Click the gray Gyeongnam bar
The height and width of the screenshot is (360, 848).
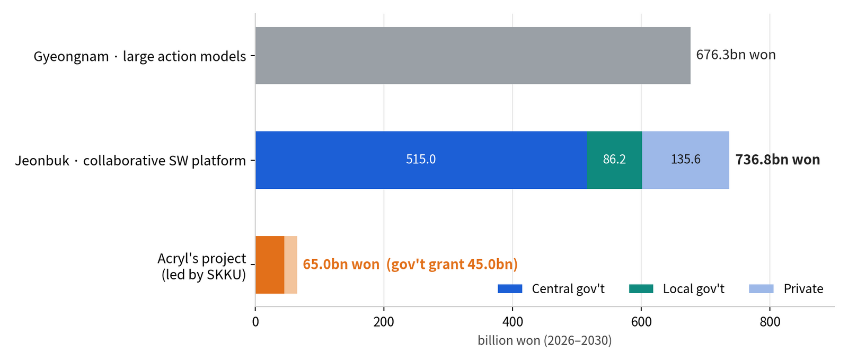click(473, 56)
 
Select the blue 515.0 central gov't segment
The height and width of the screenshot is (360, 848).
click(421, 160)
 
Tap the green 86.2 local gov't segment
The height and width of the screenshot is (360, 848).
click(614, 160)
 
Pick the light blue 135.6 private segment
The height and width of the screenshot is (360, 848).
click(686, 160)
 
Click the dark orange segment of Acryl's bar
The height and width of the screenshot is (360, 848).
click(270, 265)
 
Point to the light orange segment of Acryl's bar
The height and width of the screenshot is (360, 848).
click(291, 265)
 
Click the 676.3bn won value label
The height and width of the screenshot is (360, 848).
click(736, 55)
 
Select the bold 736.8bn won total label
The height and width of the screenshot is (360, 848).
click(778, 160)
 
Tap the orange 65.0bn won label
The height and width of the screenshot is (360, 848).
click(341, 264)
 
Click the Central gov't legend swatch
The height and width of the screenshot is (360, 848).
click(510, 289)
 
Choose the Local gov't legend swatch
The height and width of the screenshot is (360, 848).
click(641, 289)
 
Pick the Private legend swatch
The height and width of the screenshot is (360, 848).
click(761, 289)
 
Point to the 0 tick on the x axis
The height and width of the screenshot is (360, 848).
click(255, 322)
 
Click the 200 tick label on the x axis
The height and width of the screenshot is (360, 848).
click(384, 322)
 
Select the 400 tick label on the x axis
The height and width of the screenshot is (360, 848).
click(513, 322)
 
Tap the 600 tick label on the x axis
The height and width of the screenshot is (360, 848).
click(641, 322)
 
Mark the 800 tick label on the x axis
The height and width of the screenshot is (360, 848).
click(770, 322)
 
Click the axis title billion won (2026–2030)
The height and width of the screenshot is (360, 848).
click(545, 340)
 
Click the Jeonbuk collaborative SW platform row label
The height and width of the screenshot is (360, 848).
click(130, 161)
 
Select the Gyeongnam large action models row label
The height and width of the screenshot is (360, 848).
click(140, 56)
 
